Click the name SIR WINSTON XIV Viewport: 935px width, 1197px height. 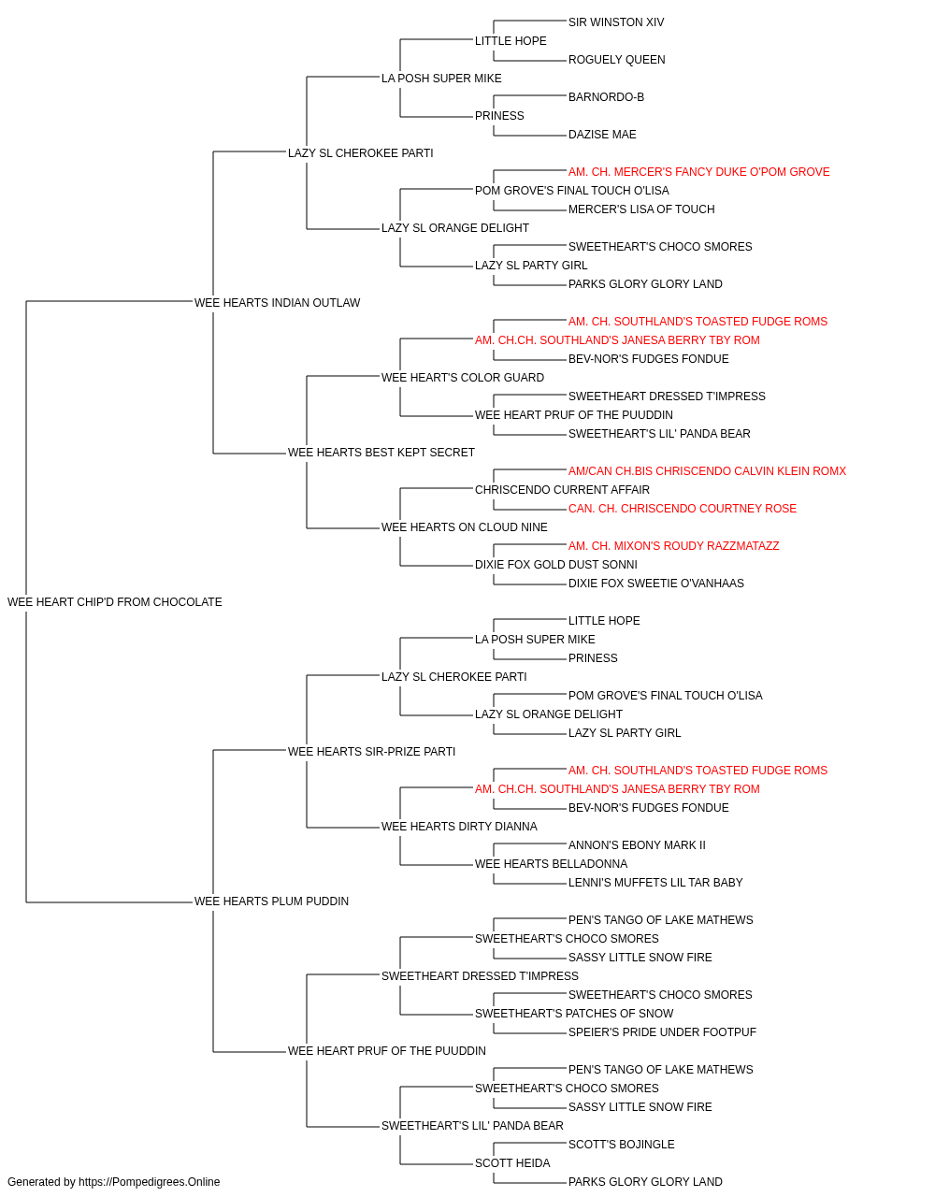[x=615, y=22]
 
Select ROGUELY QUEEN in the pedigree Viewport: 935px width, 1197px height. [x=616, y=60]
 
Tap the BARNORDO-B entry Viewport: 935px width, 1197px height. [x=606, y=97]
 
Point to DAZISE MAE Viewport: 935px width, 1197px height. [x=602, y=135]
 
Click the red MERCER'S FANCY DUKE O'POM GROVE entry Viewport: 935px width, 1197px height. [x=698, y=172]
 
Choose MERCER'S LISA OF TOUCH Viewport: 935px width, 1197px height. [x=641, y=209]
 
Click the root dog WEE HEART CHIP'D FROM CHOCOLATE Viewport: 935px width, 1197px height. [x=114, y=602]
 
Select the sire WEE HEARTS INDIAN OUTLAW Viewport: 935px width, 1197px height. [x=277, y=302]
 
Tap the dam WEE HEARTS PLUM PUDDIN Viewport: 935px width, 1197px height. [x=271, y=901]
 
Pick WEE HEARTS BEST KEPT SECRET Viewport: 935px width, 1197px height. [x=381, y=453]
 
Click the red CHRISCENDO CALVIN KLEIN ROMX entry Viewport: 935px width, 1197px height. [x=707, y=471]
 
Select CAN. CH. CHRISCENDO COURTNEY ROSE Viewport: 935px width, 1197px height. [x=683, y=509]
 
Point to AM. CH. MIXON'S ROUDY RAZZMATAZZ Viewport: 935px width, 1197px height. [x=673, y=546]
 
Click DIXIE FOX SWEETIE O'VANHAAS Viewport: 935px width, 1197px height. [x=655, y=584]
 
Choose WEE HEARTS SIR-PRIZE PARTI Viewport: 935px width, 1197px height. [x=371, y=751]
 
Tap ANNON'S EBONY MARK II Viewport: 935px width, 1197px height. [x=637, y=845]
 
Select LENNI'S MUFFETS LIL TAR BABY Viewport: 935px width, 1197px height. [x=655, y=883]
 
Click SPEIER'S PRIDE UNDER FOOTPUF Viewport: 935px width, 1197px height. [x=662, y=1032]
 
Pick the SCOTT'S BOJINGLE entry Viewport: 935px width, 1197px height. [x=621, y=1144]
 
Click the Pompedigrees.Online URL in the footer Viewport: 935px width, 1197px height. [x=149, y=1182]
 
